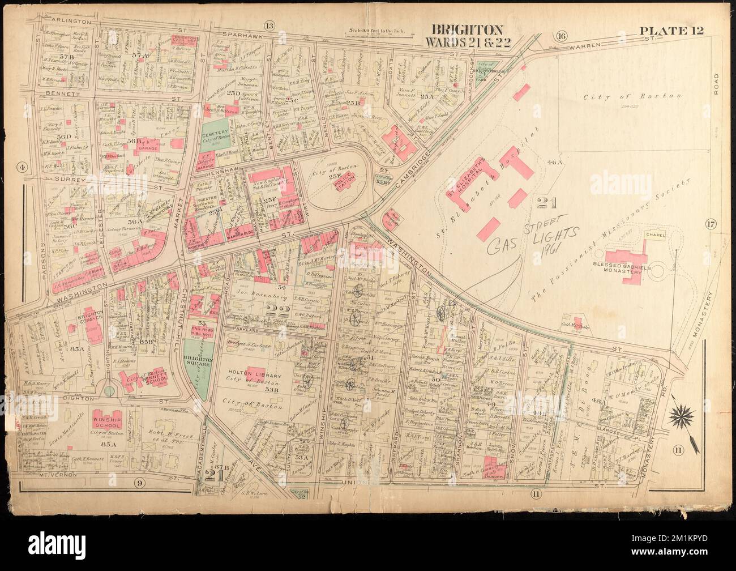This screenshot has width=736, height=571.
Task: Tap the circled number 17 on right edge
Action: point(711,225)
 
